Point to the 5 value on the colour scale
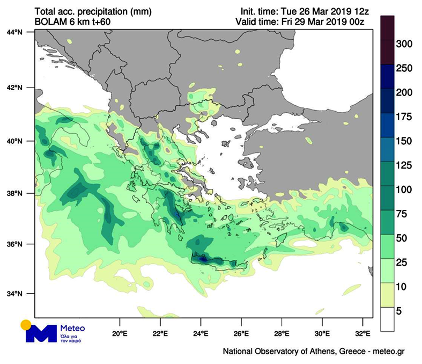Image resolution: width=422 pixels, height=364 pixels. click(404, 311)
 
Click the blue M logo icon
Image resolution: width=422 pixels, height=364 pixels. click(41, 333)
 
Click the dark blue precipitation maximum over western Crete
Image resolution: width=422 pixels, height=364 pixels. click(203, 259)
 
